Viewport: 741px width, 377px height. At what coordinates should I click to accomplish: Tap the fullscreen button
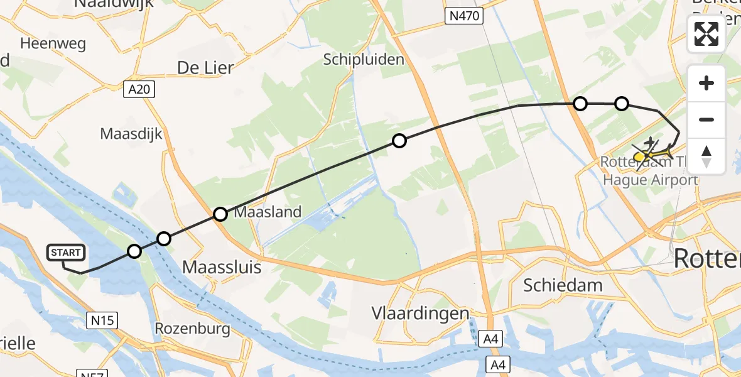706,34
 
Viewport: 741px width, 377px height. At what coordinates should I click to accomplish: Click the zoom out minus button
706,119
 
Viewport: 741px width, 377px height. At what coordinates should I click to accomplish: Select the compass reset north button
706,156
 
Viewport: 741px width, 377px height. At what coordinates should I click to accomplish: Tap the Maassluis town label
221,267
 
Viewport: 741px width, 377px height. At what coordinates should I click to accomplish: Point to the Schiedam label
563,285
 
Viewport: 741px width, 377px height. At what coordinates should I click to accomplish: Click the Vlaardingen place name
420,313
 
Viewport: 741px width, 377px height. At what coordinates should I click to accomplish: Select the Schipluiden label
364,59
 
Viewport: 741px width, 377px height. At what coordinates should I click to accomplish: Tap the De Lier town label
205,68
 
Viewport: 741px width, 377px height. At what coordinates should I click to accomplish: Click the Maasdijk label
131,134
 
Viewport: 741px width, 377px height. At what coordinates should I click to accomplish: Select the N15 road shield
102,320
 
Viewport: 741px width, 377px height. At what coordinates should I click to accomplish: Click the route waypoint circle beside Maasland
220,214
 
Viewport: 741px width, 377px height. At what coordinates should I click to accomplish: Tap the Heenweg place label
53,44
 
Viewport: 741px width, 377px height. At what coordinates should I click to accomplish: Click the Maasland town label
268,212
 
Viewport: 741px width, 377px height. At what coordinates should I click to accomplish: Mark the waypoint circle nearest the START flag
134,252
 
